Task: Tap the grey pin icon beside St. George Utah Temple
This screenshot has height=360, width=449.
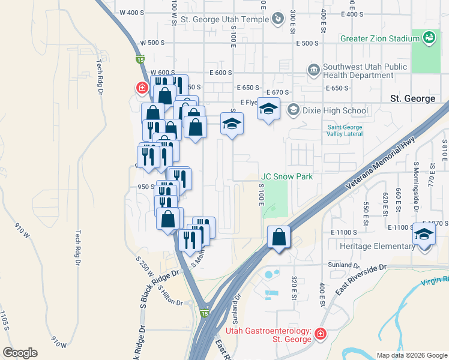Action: click(277, 19)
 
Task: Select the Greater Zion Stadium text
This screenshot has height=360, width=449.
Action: click(379, 38)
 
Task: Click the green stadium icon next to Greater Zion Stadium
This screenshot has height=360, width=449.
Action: click(429, 38)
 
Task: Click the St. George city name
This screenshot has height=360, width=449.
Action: click(412, 98)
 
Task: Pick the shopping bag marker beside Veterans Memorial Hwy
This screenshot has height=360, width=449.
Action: click(279, 238)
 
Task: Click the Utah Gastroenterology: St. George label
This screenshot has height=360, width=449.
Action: click(268, 335)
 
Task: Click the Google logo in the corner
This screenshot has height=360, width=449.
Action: click(20, 353)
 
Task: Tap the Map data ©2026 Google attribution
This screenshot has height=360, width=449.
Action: click(411, 355)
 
